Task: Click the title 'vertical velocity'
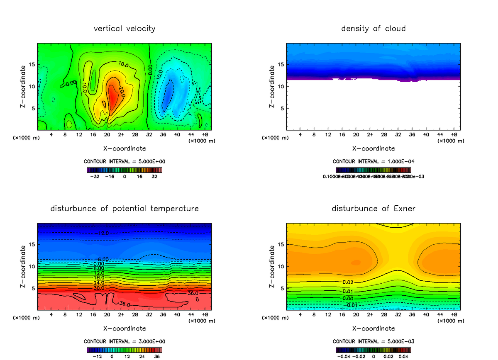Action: coord(124,29)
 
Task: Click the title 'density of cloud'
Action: coord(373,29)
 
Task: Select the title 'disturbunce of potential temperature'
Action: coord(124,208)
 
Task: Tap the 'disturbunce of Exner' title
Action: coord(373,208)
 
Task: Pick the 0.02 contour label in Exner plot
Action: coord(348,282)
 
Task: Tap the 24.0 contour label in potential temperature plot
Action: coord(99,283)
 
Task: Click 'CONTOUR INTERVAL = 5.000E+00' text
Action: coord(124,161)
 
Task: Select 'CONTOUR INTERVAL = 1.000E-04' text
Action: coord(373,161)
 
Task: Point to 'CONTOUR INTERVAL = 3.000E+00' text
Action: coord(124,341)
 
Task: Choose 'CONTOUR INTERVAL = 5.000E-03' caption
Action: coord(373,341)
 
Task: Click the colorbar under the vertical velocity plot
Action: coord(124,170)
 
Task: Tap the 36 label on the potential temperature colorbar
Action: coord(157,356)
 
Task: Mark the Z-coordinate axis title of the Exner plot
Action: coord(272,266)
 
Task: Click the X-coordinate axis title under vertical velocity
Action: coord(124,148)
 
